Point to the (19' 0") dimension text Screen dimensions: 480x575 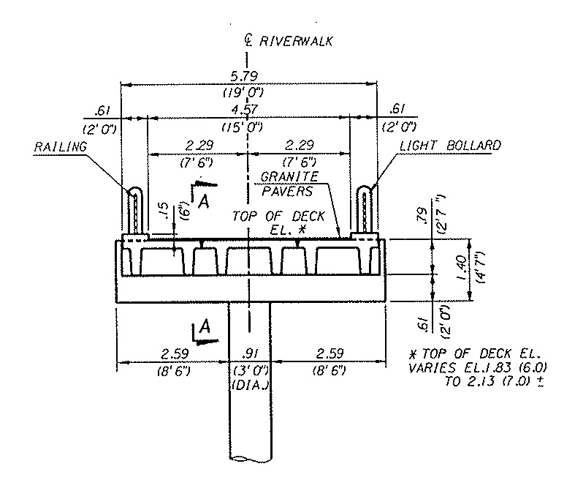[x=249, y=93]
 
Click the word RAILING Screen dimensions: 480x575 [x=60, y=146]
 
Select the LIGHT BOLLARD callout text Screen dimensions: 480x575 [x=450, y=146]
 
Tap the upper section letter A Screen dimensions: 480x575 [x=204, y=202]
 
